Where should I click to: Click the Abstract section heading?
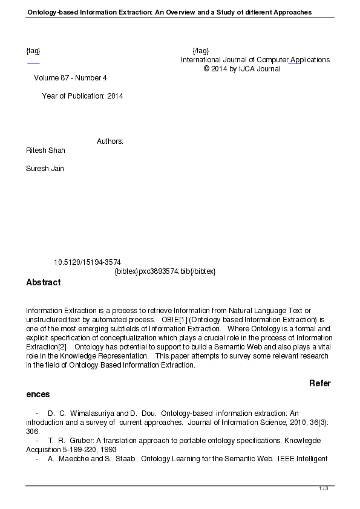(44, 282)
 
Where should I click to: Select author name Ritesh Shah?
(45, 150)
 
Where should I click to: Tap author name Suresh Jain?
(45, 169)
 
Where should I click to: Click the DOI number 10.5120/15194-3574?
(87, 262)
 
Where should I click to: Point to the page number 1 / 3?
(324, 488)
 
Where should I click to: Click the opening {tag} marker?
(33, 51)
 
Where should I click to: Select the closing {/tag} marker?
(200, 51)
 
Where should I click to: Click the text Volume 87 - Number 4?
(70, 78)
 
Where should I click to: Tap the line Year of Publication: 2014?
(82, 96)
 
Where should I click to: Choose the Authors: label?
(110, 141)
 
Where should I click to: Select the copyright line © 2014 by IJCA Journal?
(242, 69)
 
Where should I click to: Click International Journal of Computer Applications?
(255, 60)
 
